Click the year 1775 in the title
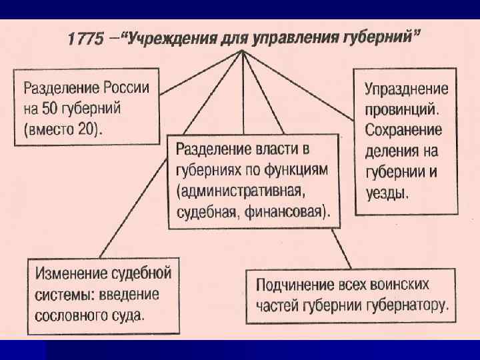pos(85,39)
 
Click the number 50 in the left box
pos(55,108)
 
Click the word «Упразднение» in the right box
pos(406,89)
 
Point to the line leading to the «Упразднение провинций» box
pos(300,86)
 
